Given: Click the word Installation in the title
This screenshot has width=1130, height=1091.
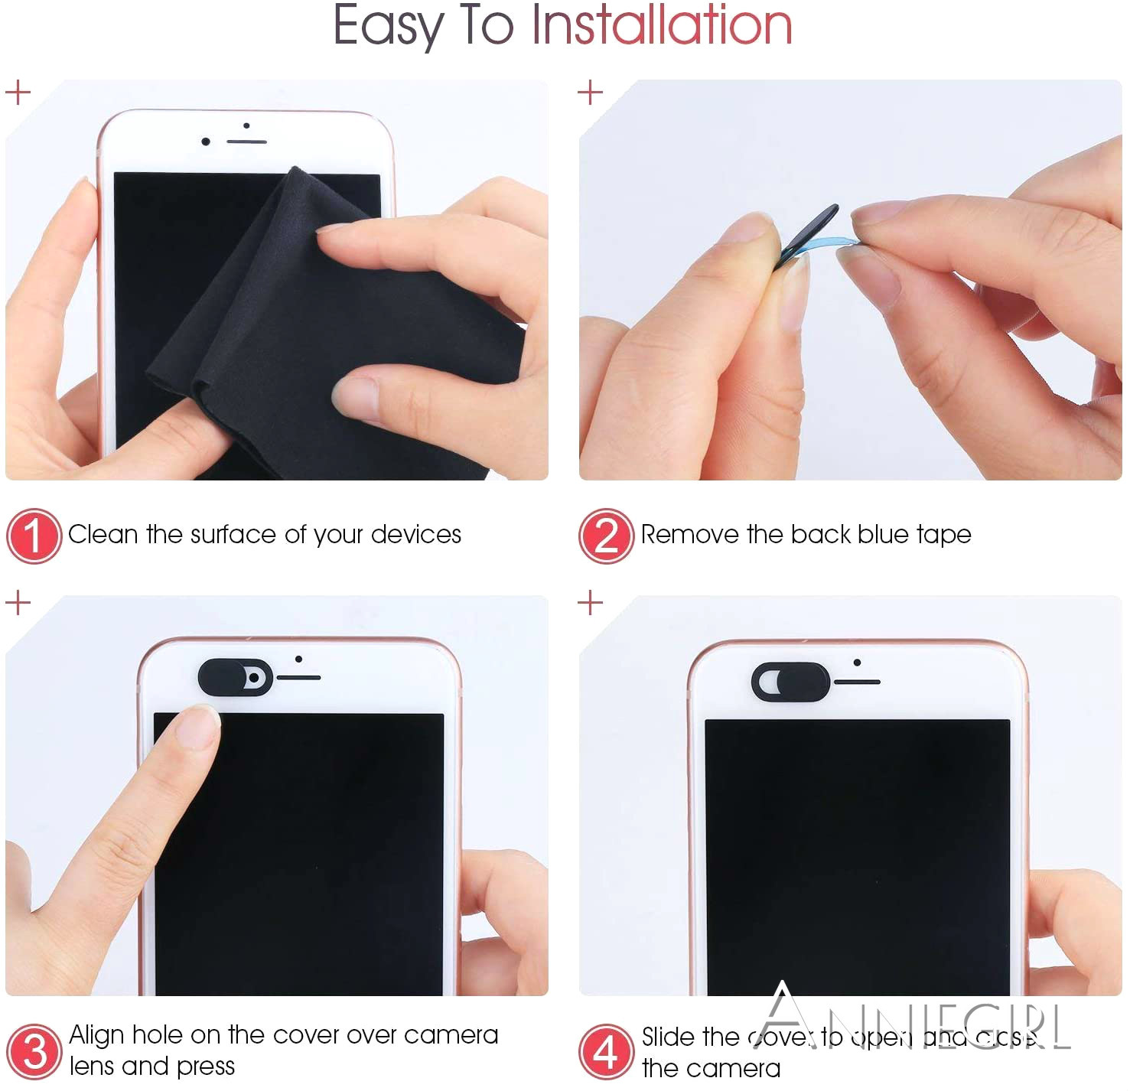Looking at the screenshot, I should [x=662, y=26].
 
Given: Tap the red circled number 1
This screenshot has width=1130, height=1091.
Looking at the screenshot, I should [x=34, y=536].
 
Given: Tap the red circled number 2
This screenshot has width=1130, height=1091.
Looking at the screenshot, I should [x=606, y=536].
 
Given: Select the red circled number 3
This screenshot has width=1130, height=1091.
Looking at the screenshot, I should [x=34, y=1052].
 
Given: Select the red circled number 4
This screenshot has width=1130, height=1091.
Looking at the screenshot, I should [x=606, y=1052].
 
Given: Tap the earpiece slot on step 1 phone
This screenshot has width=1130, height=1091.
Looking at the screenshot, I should [x=246, y=142].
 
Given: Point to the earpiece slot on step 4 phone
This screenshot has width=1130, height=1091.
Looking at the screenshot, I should [x=857, y=682].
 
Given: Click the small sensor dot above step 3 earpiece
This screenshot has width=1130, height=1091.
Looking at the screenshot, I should [x=298, y=659].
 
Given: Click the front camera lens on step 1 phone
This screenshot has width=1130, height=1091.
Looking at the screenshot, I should [x=205, y=142].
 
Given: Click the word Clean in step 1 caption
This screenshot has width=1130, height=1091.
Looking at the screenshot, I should [x=103, y=534].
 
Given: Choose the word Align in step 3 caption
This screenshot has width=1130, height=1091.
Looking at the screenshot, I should [x=96, y=1035].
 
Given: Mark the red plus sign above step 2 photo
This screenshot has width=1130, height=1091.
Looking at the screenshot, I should [x=590, y=93].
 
